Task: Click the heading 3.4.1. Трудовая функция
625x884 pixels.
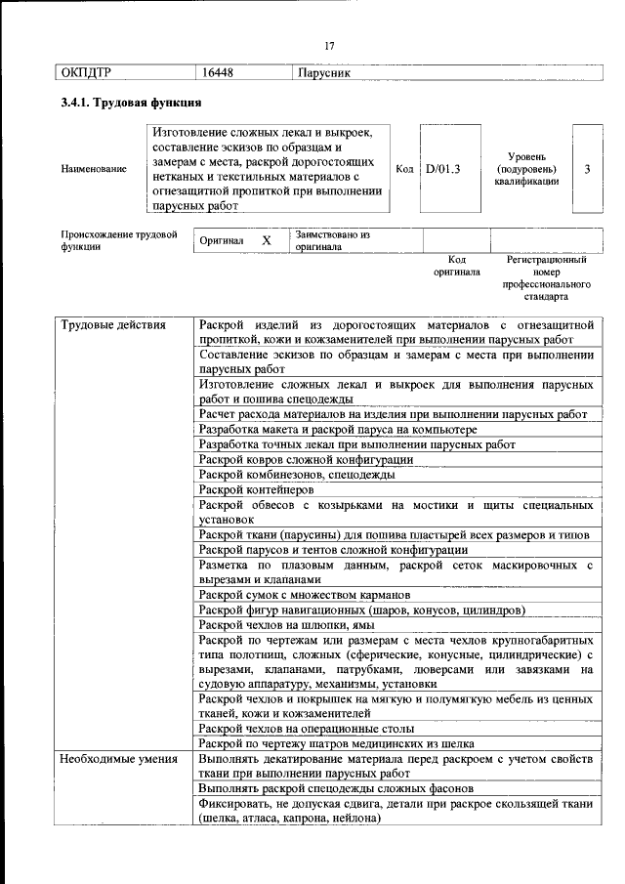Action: pos(131,102)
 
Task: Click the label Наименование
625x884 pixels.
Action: pos(94,168)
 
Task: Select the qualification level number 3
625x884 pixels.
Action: pos(586,168)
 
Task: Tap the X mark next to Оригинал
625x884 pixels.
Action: pos(266,240)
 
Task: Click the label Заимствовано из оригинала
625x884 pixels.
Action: pos(332,240)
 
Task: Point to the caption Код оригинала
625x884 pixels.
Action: pos(456,266)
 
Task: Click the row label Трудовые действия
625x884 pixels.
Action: pos(112,324)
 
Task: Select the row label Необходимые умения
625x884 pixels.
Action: pos(117,759)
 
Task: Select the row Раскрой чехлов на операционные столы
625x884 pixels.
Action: pos(306,728)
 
